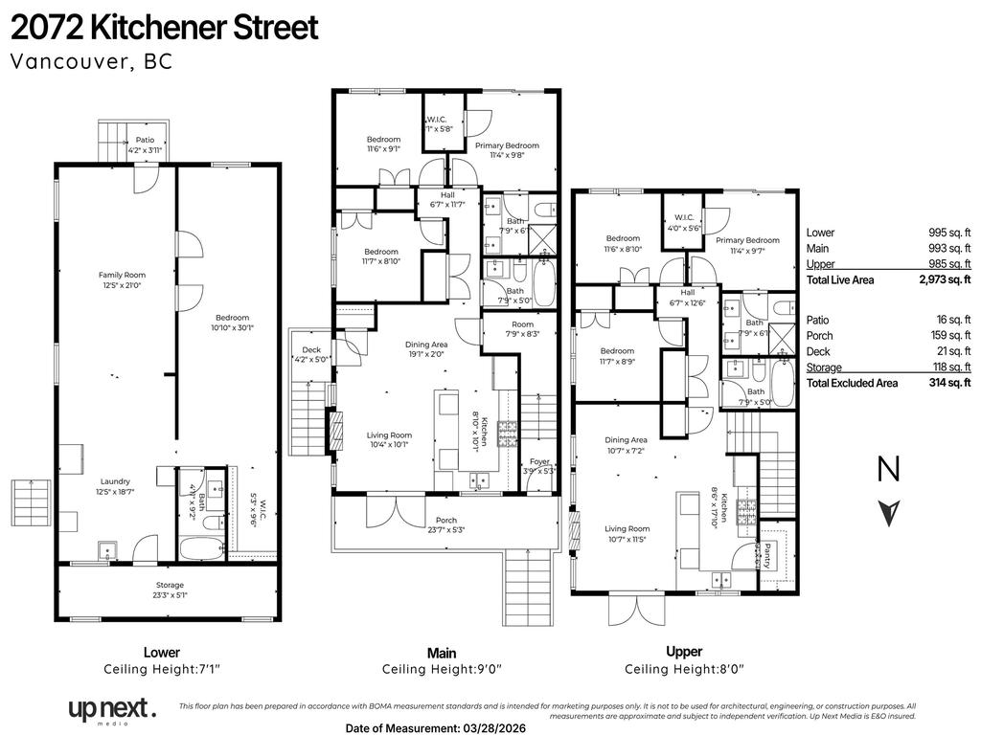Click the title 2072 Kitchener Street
click(164, 28)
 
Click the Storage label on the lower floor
click(171, 585)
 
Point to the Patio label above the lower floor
click(145, 140)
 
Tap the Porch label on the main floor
click(441, 521)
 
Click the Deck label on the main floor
click(311, 350)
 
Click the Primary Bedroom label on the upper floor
click(747, 240)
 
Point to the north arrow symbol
click(889, 513)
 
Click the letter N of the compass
click(889, 469)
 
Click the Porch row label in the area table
click(819, 336)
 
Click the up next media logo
click(110, 710)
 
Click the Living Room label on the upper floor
click(627, 528)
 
